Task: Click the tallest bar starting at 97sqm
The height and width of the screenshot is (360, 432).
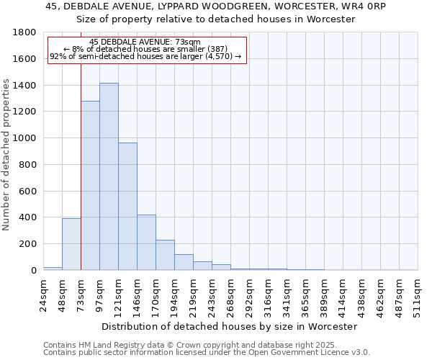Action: (109, 176)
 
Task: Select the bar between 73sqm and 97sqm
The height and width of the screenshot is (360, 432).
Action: (90, 186)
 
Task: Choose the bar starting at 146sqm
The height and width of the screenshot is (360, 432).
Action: (146, 243)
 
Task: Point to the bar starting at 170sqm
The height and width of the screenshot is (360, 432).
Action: (165, 255)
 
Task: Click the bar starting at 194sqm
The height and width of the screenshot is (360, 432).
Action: (184, 262)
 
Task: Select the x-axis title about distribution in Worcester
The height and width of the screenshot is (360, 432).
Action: (230, 326)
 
